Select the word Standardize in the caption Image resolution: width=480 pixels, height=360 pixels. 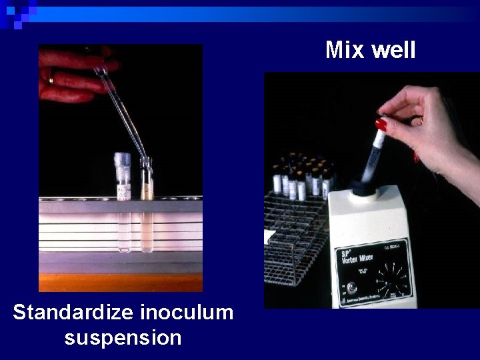pyautogui.click(x=74, y=312)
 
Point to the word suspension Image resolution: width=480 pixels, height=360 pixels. pyautogui.click(x=123, y=337)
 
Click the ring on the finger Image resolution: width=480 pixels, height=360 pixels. pyautogui.click(x=51, y=79)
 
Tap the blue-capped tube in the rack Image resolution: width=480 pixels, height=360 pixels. pyautogui.click(x=123, y=176)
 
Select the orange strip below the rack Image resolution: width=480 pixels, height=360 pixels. pyautogui.click(x=120, y=283)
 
